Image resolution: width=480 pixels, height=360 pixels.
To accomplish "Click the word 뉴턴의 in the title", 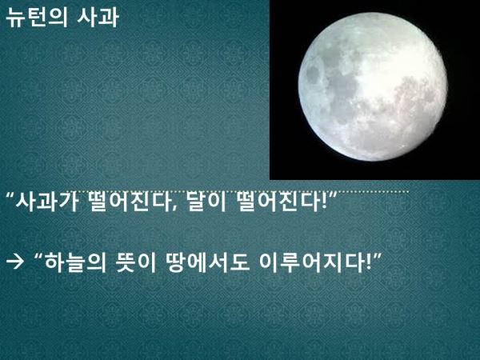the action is point(37,17).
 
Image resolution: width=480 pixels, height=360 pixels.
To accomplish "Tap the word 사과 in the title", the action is point(98,17).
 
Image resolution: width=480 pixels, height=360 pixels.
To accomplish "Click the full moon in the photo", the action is point(373,86).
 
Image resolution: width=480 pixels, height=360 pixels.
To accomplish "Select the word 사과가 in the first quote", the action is point(48,202).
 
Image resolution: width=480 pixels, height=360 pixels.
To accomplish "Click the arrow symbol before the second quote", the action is point(14,262).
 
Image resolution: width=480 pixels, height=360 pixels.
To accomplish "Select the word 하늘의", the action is point(75,262).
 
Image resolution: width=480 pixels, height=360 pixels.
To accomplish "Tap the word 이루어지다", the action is point(312,262).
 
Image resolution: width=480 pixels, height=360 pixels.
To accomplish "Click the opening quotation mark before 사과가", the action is point(10,196).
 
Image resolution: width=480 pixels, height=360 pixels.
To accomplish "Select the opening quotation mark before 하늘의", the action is point(38,257).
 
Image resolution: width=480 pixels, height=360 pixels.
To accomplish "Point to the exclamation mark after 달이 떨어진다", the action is point(324,202).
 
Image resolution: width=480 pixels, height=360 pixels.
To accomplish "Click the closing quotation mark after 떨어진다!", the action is point(333,196).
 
